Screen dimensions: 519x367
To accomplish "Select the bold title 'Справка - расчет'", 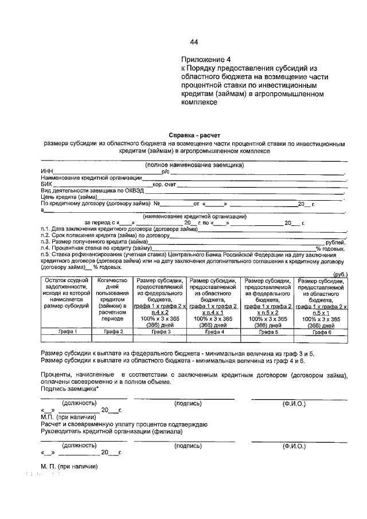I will click(x=194, y=135).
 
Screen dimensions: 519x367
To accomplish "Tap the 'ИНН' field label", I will click(x=46, y=171).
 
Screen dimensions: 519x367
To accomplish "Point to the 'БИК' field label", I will click(x=45, y=184).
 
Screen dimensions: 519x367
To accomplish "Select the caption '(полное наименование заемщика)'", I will click(x=194, y=165).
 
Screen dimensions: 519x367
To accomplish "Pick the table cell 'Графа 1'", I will click(x=67, y=332).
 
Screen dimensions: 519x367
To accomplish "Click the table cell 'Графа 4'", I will click(x=214, y=332).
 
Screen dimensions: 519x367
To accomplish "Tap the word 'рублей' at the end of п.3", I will click(x=335, y=241).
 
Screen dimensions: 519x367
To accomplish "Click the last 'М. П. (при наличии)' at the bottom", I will click(x=69, y=466).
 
